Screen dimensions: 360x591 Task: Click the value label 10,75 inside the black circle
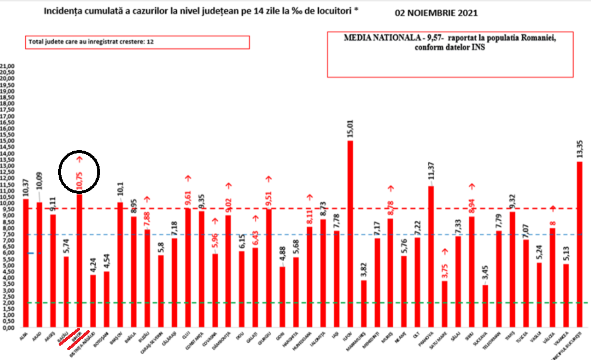(79, 182)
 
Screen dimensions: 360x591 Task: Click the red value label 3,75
(445, 268)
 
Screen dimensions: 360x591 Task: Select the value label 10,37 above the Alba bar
(25, 187)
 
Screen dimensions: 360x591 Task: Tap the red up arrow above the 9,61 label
(188, 179)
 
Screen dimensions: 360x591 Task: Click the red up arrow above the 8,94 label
(472, 186)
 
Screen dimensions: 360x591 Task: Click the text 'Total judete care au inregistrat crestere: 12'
(91, 42)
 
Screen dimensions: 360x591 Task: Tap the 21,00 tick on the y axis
(7, 66)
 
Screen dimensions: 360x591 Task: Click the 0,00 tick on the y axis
(8, 328)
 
